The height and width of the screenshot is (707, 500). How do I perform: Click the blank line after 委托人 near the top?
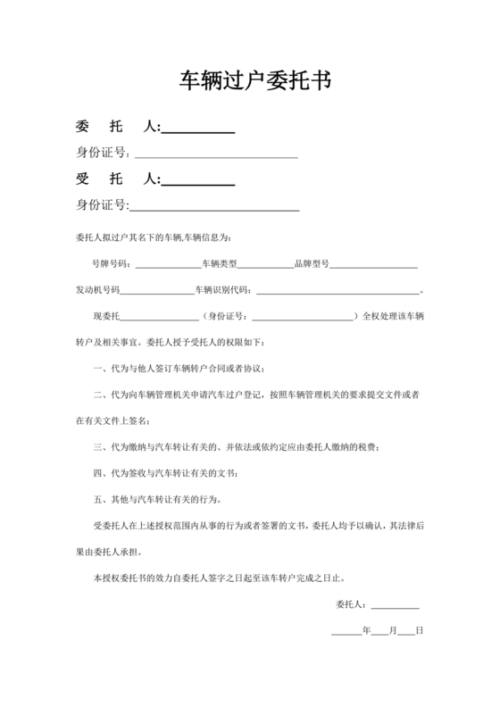click(x=198, y=132)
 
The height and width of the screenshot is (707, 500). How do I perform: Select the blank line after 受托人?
click(x=198, y=184)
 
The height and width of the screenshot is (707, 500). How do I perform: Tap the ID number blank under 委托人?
click(x=214, y=157)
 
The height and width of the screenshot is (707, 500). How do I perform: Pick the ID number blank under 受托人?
click(x=214, y=211)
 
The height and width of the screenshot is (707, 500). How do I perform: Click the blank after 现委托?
click(x=159, y=318)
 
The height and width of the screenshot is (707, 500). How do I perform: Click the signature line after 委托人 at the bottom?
click(x=395, y=607)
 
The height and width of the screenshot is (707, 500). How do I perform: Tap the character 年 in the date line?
click(x=366, y=631)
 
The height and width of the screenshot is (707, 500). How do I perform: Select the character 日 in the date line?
click(x=419, y=631)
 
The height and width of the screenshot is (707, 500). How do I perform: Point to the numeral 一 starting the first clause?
click(x=96, y=369)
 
